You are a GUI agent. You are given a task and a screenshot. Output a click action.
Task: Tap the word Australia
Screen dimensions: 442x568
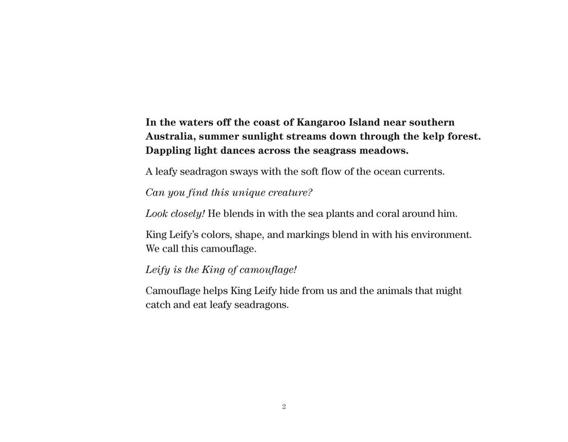pos(170,136)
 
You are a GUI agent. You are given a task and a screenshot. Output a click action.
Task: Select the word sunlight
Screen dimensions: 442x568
pos(262,136)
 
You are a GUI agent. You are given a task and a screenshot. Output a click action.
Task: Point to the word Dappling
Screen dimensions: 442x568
pos(168,151)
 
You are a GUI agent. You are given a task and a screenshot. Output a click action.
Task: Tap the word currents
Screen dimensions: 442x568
pos(424,171)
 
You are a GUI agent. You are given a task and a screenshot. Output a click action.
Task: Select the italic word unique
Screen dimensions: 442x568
pos(248,193)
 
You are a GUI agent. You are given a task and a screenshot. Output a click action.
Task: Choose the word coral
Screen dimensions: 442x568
pos(388,214)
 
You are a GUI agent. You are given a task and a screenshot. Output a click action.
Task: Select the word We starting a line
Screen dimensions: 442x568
pos(152,249)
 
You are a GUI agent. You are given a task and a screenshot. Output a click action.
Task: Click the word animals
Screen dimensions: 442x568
pos(394,291)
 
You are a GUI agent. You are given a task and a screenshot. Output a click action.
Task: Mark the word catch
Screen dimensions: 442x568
pos(158,305)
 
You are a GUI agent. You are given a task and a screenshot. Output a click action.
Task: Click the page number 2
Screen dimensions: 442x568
pos(284,406)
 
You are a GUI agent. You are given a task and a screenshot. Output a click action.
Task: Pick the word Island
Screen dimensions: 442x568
pos(364,122)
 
